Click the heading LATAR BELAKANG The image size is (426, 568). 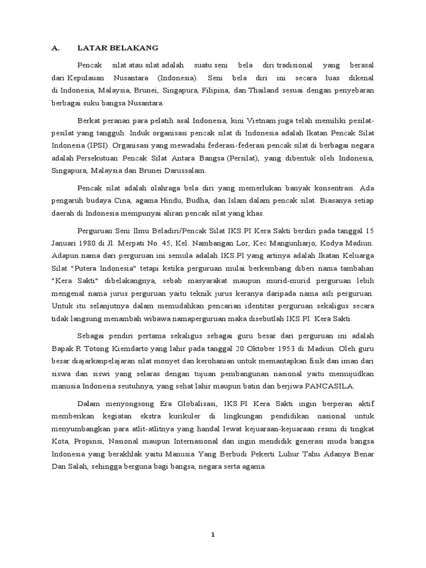[110, 48]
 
